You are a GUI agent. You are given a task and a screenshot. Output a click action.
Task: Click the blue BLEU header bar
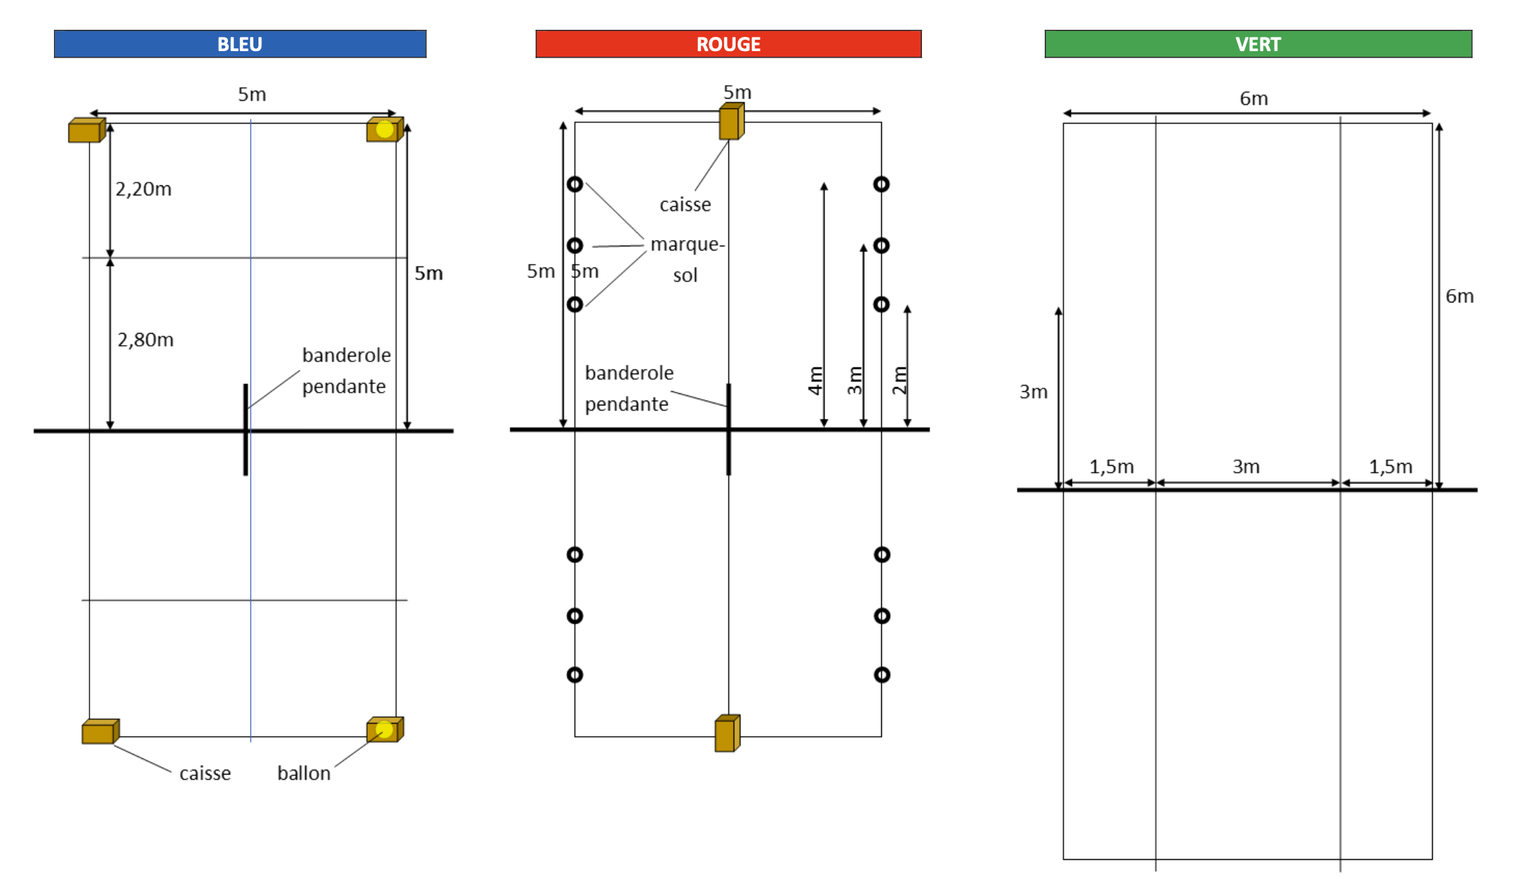[x=240, y=44]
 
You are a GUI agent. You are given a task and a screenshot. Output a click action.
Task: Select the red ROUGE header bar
[x=728, y=44]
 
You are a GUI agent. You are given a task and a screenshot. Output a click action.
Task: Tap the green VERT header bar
[x=1258, y=44]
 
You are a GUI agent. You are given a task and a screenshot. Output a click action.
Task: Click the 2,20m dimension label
[x=143, y=189]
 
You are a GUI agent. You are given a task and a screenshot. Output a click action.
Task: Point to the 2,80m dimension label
[x=146, y=339]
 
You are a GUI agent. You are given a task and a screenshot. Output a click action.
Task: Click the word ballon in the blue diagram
[x=304, y=773]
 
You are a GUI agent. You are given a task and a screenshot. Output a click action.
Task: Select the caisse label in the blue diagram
[x=205, y=773]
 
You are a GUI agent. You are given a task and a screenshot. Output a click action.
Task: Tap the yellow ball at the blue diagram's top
[x=384, y=129]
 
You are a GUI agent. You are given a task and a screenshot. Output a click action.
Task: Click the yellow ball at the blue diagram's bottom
[x=384, y=729]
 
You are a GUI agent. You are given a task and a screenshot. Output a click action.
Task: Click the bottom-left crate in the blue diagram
[x=100, y=731]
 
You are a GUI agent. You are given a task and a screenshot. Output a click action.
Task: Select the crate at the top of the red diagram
[x=731, y=121]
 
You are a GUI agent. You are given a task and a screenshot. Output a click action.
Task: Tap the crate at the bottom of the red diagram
[x=726, y=733]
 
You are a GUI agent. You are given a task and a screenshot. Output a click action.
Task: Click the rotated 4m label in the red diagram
[x=815, y=381]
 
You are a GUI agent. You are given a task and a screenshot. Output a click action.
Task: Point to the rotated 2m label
[x=900, y=381]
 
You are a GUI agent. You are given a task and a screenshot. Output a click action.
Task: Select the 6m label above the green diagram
[x=1254, y=99]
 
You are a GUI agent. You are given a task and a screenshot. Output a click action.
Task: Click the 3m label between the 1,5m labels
[x=1246, y=466]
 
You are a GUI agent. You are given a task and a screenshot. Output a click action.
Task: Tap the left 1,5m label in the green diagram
[x=1111, y=466]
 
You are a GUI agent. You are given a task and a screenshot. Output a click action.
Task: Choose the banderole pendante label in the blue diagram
[x=346, y=371]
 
